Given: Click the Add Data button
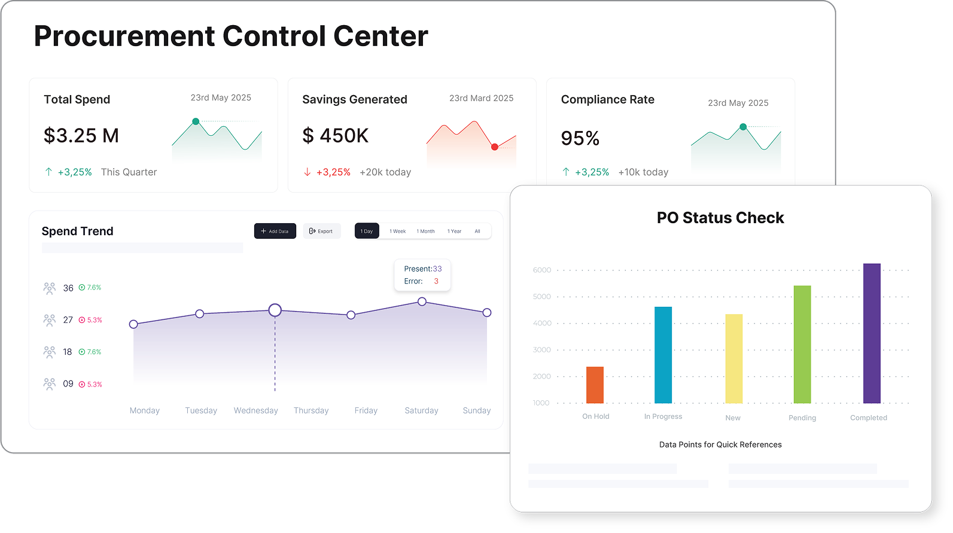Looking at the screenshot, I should (275, 231).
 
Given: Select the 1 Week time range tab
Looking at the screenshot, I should (397, 231).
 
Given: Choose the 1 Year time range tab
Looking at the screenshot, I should (454, 231).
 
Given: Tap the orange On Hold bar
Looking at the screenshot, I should (595, 385).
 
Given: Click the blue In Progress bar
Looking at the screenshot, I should (663, 355).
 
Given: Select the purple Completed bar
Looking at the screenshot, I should (872, 333).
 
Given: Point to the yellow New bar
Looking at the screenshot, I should (733, 358).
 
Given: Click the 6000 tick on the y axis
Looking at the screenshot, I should (542, 270).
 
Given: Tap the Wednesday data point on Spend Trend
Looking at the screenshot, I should (275, 310).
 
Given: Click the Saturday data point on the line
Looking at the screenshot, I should (422, 301).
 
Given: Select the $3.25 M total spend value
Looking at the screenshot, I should (81, 136).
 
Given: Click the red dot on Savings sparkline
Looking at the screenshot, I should (494, 147).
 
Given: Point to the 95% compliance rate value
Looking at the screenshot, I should (580, 138).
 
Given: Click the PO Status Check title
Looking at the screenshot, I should (720, 218).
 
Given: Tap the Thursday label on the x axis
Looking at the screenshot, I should (311, 410).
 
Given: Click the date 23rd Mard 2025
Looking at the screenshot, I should (481, 98).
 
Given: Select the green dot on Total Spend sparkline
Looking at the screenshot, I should (196, 121).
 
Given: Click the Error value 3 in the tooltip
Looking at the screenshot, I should (436, 281).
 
